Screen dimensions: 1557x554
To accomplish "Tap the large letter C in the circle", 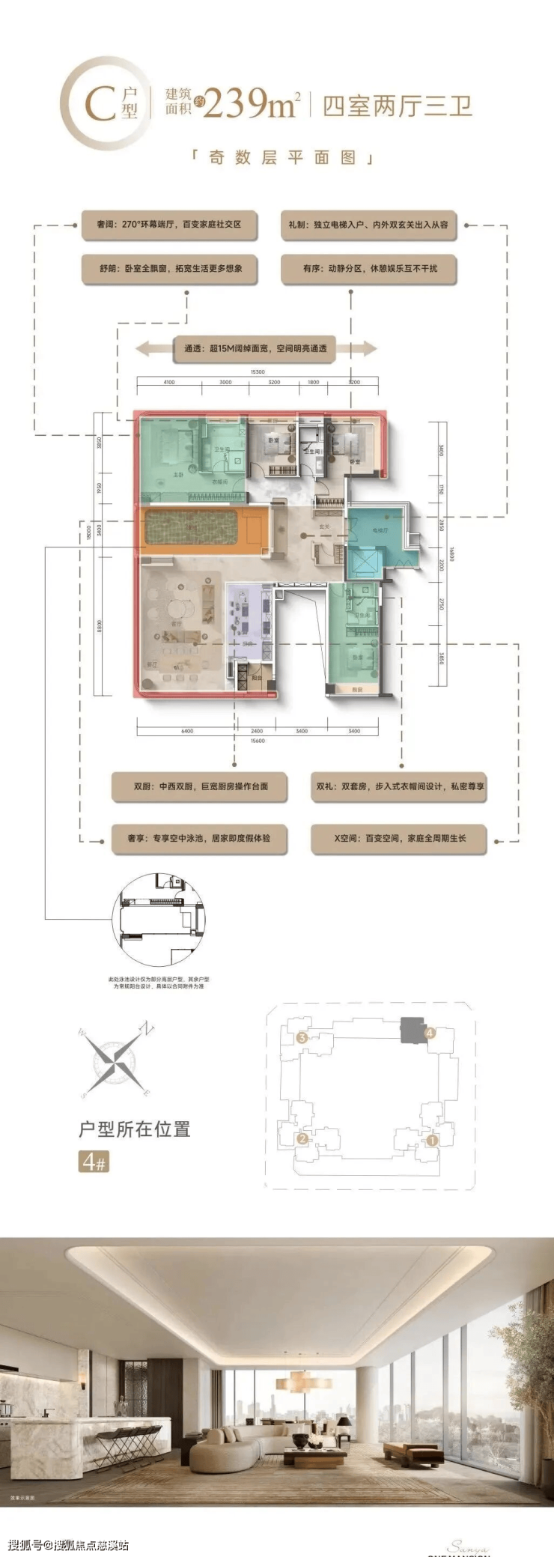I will (99, 106).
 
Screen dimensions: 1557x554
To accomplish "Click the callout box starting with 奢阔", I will (169, 224).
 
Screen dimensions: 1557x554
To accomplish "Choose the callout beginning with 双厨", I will (200, 786).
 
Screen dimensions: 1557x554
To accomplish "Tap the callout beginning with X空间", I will (399, 838).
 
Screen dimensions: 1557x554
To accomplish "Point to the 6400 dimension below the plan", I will (186, 731).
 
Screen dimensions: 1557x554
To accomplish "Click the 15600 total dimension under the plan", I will (258, 741).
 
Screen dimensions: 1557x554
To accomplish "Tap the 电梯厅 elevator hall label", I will (380, 529).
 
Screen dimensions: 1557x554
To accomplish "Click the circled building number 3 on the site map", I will (302, 1037).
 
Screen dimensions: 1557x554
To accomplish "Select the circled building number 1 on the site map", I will (432, 1141).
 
